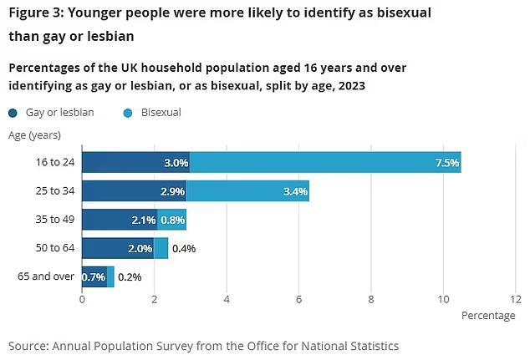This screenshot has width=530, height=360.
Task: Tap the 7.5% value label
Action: [447, 163]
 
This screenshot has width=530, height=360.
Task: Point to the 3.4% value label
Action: [296, 191]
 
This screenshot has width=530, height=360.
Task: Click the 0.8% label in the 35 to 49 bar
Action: [172, 221]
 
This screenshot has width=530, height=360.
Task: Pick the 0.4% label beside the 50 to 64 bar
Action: [184, 248]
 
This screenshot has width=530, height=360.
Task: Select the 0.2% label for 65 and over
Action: [130, 276]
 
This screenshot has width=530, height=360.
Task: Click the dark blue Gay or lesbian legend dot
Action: [13, 112]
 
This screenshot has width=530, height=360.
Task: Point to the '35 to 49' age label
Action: [57, 221]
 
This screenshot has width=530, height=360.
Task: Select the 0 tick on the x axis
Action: [82, 299]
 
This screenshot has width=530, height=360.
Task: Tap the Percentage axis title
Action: [488, 316]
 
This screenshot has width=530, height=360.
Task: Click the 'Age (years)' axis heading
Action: [34, 134]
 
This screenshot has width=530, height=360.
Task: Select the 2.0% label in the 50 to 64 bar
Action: [140, 248]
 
